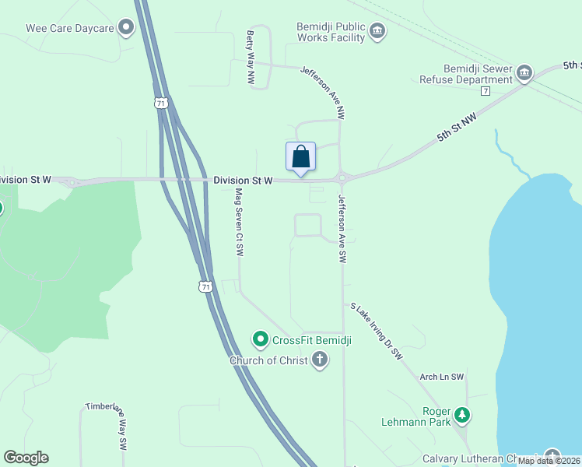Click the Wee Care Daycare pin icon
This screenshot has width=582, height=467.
pos(125,28)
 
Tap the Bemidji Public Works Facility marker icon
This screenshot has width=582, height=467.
pos(377,31)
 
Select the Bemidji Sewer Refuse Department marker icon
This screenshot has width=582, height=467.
pos(524,74)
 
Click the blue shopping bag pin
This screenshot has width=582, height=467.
pos(301,157)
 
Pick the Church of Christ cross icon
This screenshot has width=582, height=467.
pos(319,360)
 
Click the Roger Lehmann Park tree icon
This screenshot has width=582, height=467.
pos(463,416)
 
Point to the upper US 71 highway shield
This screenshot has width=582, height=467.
pos(160,103)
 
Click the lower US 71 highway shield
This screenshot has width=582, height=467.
pos(205,286)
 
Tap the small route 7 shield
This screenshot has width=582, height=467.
pos(485,91)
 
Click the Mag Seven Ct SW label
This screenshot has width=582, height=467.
pos(239,223)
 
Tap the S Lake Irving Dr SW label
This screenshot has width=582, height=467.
pos(377,331)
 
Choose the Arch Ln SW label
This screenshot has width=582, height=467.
pos(441,377)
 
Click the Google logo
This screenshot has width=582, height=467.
pos(26,458)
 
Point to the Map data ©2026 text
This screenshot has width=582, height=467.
pos(549,461)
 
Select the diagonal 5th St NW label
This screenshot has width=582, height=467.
pos(456,125)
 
